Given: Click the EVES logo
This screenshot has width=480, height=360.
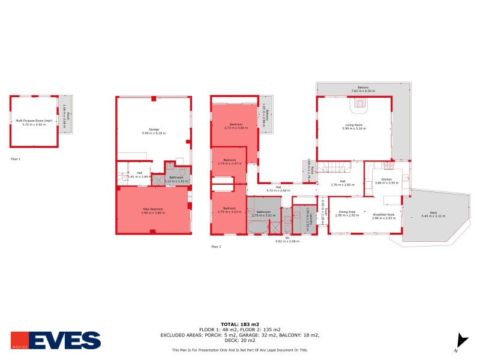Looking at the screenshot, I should [x=55, y=340].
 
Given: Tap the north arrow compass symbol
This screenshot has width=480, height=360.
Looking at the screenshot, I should [x=462, y=341].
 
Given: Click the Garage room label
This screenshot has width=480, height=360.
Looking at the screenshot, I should [x=154, y=130].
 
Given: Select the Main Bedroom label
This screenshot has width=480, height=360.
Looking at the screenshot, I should [x=152, y=210].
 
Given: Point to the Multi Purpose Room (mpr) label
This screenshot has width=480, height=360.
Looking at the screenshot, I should [x=34, y=122].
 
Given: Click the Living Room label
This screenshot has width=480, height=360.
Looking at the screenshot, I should [x=353, y=127].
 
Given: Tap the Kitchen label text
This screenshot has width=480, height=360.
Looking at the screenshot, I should [x=386, y=180].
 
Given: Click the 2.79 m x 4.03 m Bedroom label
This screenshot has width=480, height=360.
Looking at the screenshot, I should [x=228, y=211].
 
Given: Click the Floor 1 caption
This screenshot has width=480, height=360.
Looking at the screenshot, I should [x=16, y=159].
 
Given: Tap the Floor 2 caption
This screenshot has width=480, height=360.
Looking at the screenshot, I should [x=216, y=247].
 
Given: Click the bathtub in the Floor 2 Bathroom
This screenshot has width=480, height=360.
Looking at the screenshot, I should [x=258, y=227].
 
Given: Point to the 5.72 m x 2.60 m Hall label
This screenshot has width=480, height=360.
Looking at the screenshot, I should [x=278, y=188].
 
